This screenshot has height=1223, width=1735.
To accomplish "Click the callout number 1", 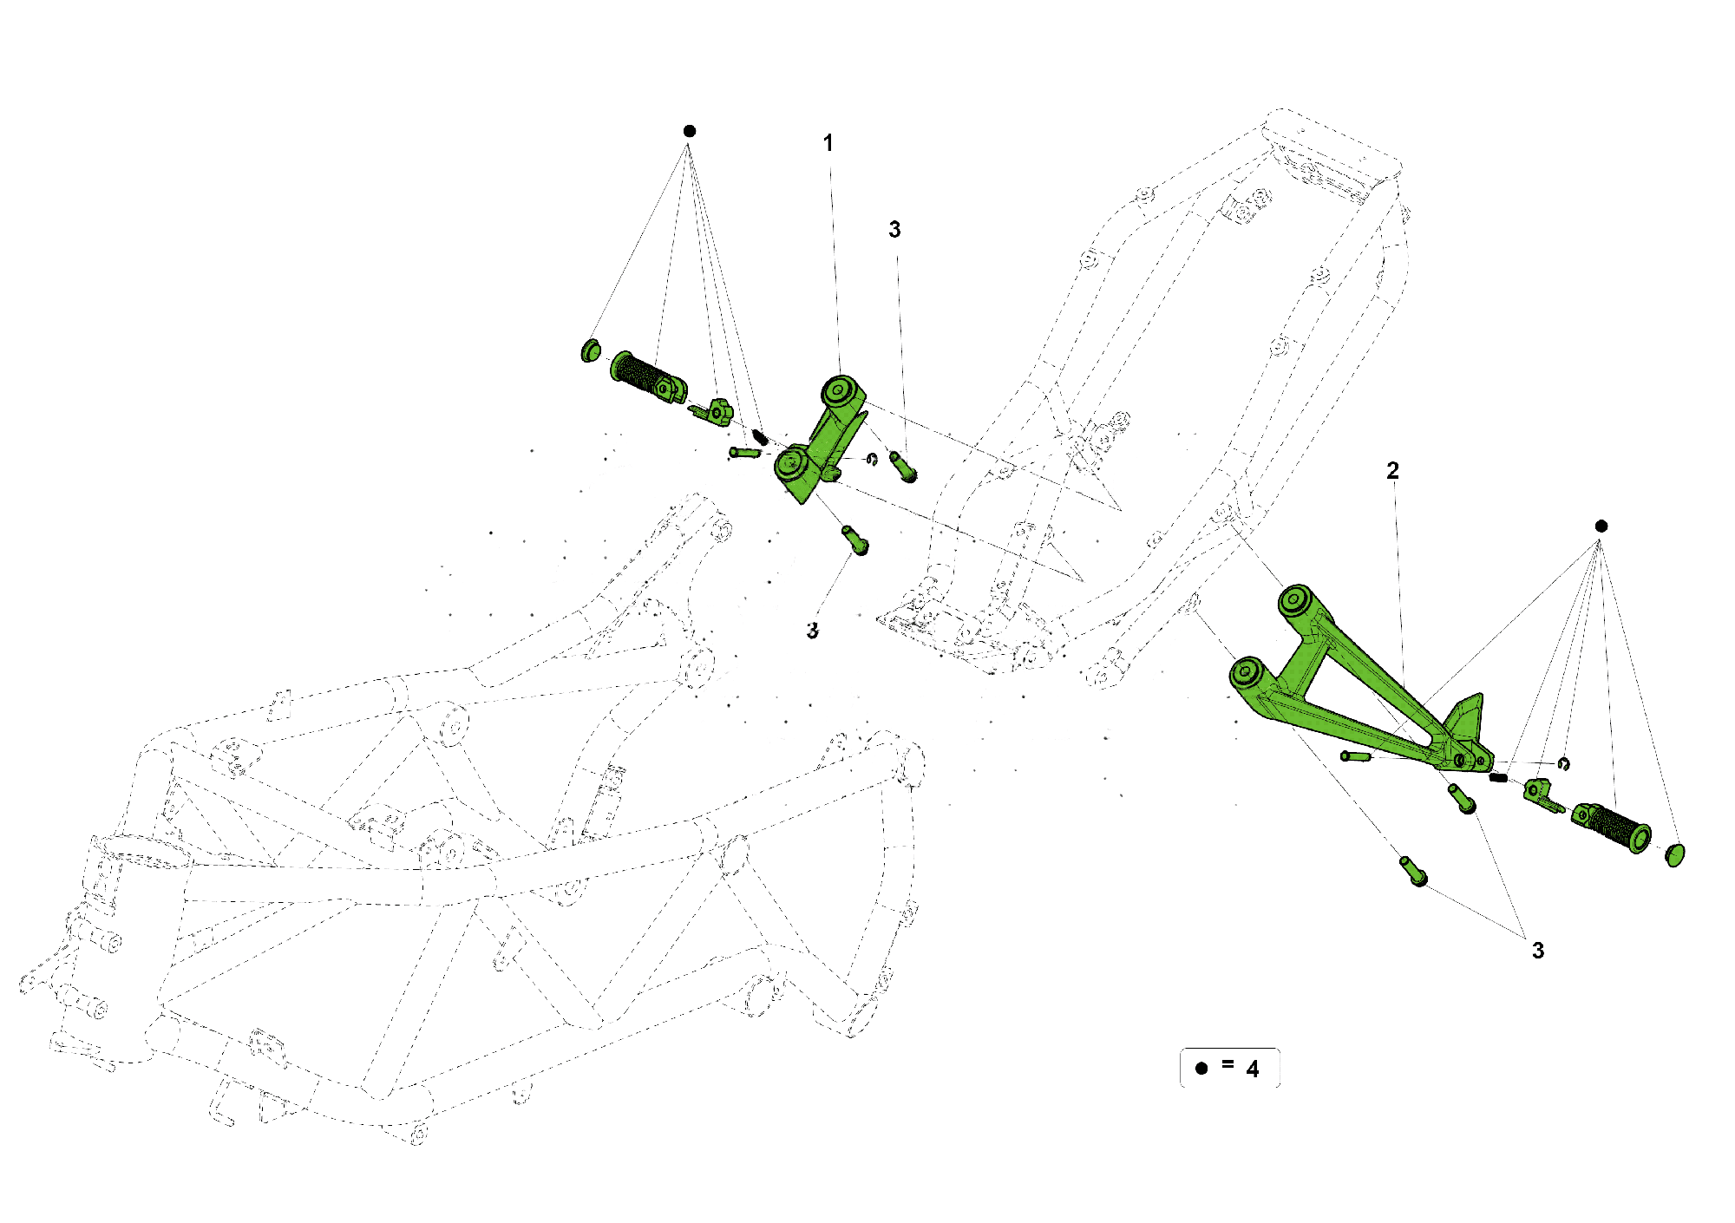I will coord(828,143).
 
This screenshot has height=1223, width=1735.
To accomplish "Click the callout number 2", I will coord(1392,471).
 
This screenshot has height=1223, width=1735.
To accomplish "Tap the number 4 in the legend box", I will coord(1252,1069).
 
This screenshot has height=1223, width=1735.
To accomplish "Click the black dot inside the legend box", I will coord(1201,1069).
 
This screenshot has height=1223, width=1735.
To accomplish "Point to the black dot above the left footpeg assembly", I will coord(690,131).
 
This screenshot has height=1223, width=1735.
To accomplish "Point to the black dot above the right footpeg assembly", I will coord(1601,526).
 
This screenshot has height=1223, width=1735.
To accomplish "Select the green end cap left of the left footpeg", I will coord(590,351).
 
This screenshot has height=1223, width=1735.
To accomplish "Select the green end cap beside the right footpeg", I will coord(1674,854).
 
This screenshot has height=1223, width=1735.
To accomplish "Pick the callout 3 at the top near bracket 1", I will coord(894,230).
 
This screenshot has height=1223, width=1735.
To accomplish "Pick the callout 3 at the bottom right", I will coord(1537,951).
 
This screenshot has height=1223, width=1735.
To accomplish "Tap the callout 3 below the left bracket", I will coord(812,631).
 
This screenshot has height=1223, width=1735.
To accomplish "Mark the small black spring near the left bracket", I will coord(761,435).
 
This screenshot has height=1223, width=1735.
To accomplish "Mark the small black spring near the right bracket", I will coord(1498,777).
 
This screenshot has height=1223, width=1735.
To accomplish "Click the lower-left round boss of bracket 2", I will coord(1247,672).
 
